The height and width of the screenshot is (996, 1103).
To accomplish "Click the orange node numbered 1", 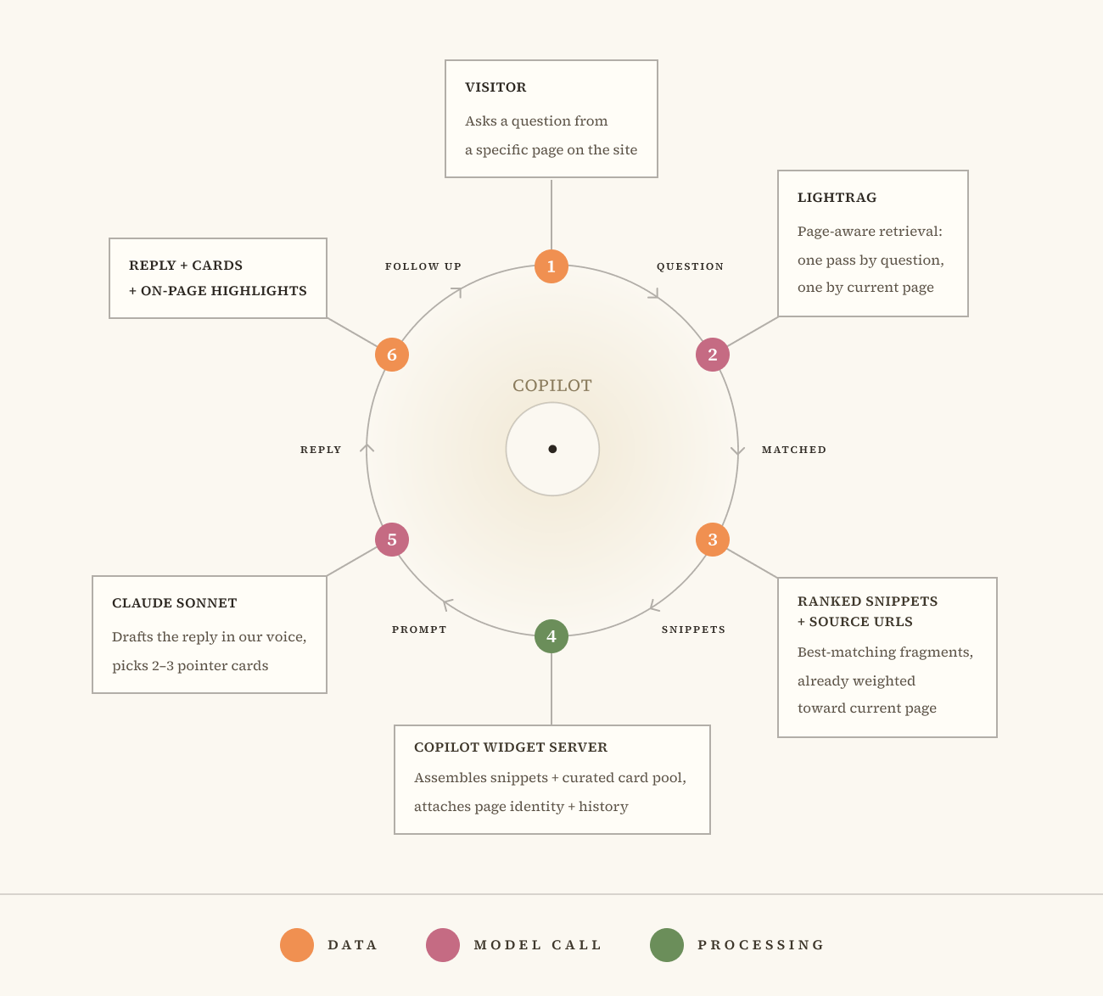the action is [551, 266].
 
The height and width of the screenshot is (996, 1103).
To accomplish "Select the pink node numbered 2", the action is [712, 355].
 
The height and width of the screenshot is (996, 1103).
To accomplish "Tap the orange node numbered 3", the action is [712, 540].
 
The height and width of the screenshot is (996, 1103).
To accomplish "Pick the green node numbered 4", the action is [551, 636].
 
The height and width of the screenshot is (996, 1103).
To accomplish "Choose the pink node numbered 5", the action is [391, 540].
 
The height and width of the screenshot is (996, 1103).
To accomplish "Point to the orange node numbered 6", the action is [391, 355].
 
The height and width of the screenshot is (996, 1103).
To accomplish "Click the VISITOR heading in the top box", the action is [496, 87].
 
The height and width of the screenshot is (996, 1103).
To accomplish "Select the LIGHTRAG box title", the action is [837, 198].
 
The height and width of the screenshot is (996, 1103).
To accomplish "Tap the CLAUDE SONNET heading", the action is [174, 603].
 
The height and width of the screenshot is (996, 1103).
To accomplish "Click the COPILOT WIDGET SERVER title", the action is [510, 747].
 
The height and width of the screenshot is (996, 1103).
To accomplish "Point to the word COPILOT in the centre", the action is [552, 385].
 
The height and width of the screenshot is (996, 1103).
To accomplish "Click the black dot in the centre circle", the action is [552, 450].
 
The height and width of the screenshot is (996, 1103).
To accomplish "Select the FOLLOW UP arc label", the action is [423, 266].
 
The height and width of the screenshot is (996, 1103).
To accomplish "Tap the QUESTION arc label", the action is [690, 266].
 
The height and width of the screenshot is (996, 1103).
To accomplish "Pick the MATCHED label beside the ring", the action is [793, 450].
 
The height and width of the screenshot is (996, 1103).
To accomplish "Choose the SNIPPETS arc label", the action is [693, 629].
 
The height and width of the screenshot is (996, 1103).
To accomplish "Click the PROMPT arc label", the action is [419, 629].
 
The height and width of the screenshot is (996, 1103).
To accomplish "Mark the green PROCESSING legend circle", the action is [666, 945].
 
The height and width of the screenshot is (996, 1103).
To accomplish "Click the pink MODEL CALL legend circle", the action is [443, 945].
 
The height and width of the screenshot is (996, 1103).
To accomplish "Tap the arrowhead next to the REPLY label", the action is [367, 447].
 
